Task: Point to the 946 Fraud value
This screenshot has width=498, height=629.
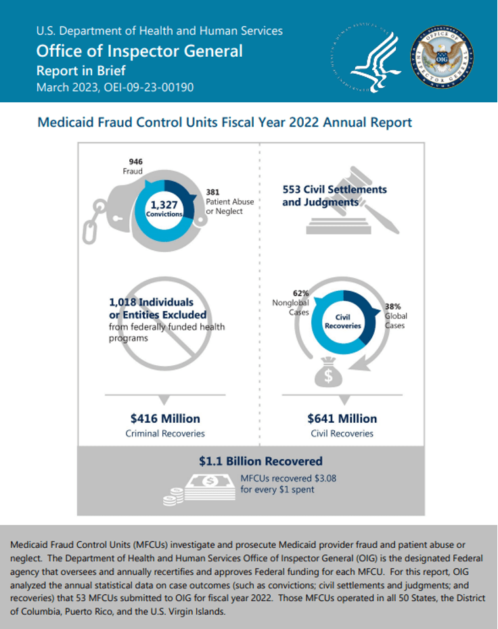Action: click(x=136, y=162)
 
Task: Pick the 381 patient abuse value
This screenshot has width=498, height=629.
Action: click(x=212, y=192)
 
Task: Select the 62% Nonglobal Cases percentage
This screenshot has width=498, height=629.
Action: click(x=300, y=293)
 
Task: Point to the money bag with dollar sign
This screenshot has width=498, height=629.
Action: click(x=328, y=373)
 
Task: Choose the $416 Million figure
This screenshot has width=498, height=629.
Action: click(x=165, y=419)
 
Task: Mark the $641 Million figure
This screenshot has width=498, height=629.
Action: click(x=342, y=419)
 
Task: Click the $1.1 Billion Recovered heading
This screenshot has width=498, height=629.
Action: click(x=261, y=461)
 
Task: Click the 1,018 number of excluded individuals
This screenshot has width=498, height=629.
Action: click(x=125, y=302)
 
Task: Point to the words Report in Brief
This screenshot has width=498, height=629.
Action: click(x=81, y=70)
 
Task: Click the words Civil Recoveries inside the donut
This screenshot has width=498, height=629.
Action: click(x=343, y=321)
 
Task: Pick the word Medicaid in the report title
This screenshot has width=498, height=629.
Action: click(x=62, y=123)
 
